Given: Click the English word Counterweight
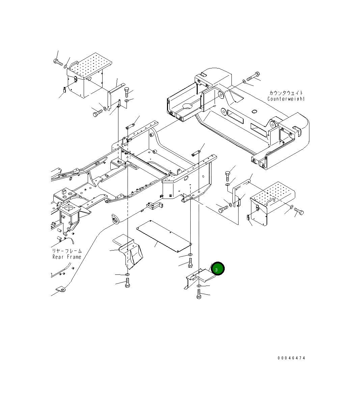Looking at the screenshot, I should click(x=286, y=99).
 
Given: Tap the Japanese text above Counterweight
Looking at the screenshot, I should click(x=286, y=93).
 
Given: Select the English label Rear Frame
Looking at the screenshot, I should click(x=67, y=257).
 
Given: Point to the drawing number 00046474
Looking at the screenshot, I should click(x=291, y=358).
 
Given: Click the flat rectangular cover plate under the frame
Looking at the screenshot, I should click(x=164, y=236).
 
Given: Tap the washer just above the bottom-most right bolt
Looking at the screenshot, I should click(x=199, y=286).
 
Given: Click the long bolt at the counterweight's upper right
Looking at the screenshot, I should click(x=253, y=77).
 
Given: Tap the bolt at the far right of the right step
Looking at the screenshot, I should click(x=299, y=211).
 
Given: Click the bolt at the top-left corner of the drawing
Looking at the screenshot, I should click(x=58, y=62).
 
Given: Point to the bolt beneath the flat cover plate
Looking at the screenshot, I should click(x=190, y=262).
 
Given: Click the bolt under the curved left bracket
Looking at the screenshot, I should click(x=128, y=283).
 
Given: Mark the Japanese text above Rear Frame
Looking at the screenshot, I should click(x=66, y=251).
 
